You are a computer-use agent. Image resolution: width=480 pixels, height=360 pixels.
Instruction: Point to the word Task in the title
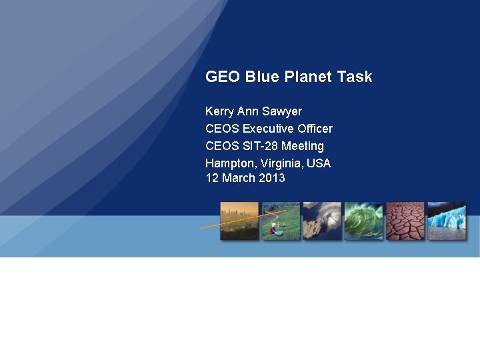355,77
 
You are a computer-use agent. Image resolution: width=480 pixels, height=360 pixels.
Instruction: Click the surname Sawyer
283,111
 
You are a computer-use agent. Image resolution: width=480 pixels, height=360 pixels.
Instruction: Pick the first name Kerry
220,111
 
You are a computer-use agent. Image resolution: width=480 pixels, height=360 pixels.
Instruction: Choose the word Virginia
281,163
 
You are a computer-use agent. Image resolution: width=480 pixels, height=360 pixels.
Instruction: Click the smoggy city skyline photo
239,221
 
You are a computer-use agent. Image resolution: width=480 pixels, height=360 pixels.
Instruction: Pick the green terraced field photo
280,221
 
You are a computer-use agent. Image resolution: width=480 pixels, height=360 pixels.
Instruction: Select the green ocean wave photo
363,221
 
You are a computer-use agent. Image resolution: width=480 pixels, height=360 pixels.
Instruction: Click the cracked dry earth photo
405,221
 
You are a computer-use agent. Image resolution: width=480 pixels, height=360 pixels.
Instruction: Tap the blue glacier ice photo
446,221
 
